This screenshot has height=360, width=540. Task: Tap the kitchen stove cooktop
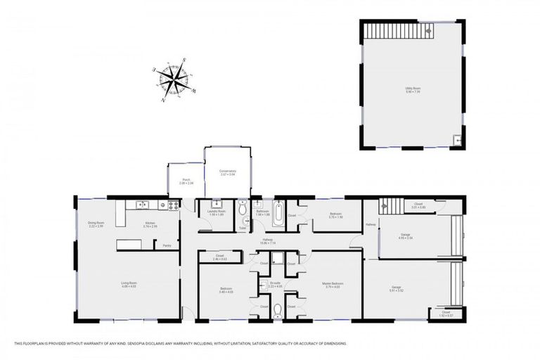pos(170,205)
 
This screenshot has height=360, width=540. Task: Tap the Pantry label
pos(167,245)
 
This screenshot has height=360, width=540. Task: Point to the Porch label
pos(186,181)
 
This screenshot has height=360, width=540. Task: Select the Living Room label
pos(127,285)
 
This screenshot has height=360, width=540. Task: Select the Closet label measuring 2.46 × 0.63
pos(219,257)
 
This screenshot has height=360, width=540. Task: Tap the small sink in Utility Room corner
pos(457,140)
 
